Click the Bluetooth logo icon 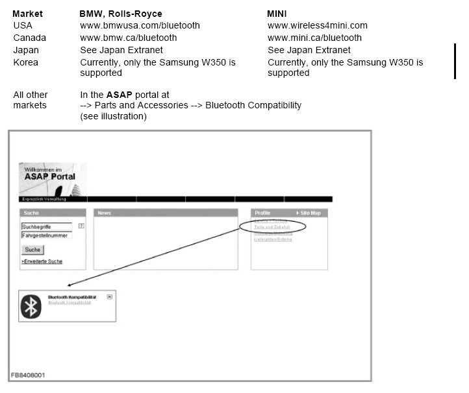click(30, 306)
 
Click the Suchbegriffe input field click(46, 227)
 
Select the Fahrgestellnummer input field click(46, 235)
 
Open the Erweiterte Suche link click(42, 261)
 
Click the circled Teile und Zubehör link click(272, 226)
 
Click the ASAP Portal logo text click(49, 176)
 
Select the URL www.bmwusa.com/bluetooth click(140, 25)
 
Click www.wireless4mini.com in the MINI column click(317, 25)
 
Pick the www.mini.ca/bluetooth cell click(314, 38)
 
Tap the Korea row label click(25, 62)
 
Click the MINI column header click(278, 14)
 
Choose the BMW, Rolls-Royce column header click(120, 14)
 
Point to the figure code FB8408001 click(28, 375)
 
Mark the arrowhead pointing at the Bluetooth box click(70, 284)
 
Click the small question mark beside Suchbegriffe click(81, 226)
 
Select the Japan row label click(26, 50)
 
